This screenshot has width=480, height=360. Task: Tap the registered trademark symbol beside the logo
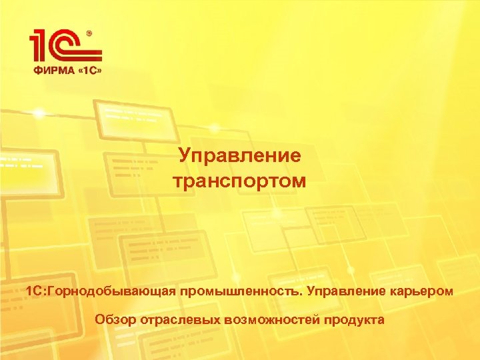(90, 31)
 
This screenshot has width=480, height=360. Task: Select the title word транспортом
(239, 180)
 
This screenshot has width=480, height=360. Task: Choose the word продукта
(354, 320)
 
